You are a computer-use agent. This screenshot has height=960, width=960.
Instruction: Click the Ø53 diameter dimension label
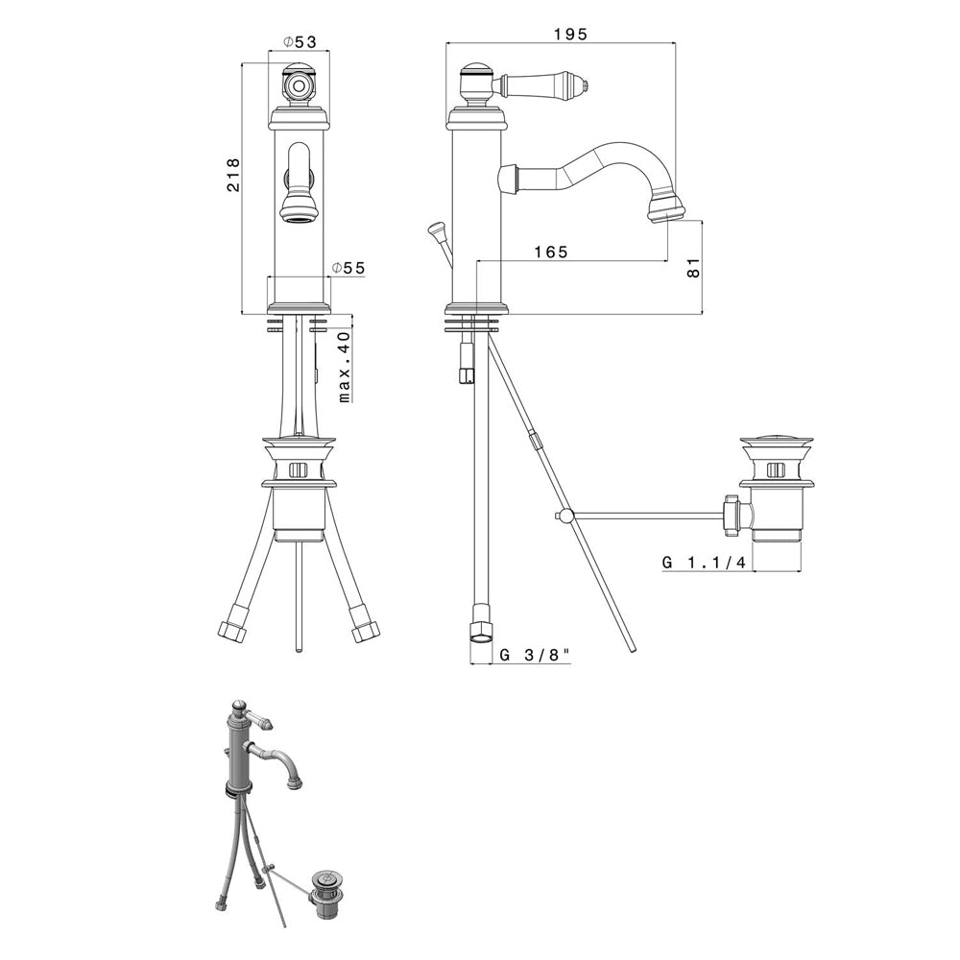coord(300,41)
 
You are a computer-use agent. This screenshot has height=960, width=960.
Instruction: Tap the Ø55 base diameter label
coord(348,268)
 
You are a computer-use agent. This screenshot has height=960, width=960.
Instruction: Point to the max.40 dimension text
coord(345,367)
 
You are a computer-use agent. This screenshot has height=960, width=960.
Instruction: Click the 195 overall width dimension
coord(570,34)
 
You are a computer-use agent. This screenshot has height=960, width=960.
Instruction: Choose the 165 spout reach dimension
coord(550,252)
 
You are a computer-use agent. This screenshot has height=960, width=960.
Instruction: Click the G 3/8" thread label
coord(535,655)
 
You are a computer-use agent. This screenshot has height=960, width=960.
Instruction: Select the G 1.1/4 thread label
coord(704,562)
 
